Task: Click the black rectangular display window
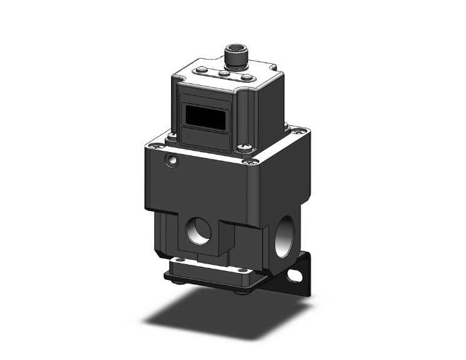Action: (204, 116)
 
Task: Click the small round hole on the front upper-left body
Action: (170, 162)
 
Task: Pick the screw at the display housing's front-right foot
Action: (244, 148)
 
